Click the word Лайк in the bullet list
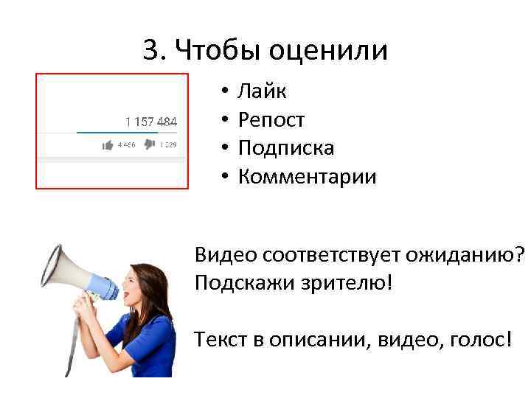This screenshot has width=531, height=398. pyautogui.click(x=262, y=92)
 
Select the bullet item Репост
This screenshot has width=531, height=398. pyautogui.click(x=271, y=121)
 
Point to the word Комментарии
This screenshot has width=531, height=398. pyautogui.click(x=307, y=177)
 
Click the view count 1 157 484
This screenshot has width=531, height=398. pyautogui.click(x=150, y=121)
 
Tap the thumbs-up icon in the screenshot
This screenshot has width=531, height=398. pyautogui.click(x=108, y=145)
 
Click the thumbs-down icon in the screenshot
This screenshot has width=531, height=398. pyautogui.click(x=150, y=145)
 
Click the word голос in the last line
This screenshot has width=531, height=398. pyautogui.click(x=475, y=340)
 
